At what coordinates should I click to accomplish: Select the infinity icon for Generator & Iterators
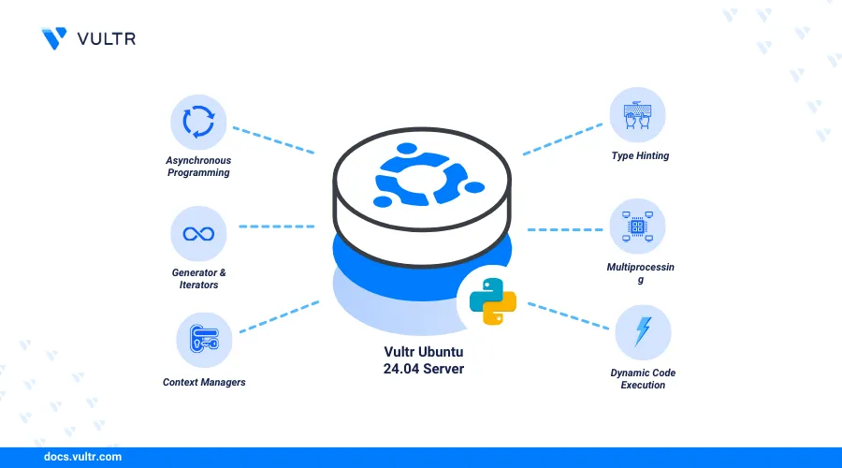[198, 234]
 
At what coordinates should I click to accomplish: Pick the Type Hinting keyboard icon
[638, 117]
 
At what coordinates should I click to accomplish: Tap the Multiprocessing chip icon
[638, 226]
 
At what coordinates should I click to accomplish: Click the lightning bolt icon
[644, 332]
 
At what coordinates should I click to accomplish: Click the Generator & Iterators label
[197, 278]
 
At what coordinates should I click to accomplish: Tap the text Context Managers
[198, 382]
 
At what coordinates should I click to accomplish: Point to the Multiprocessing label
[640, 273]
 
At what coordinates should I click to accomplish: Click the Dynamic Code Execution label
[643, 379]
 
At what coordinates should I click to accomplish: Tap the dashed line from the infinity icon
[276, 227]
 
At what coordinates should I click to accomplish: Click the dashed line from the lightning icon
[568, 315]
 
